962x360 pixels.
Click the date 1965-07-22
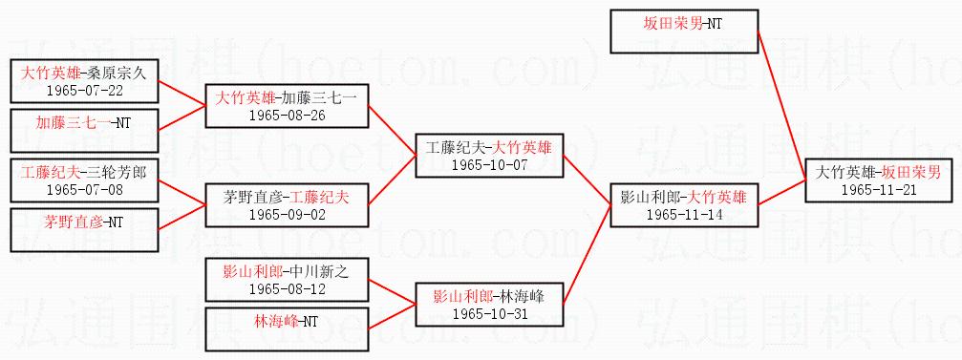tap(85, 91)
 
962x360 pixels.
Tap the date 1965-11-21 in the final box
tap(879, 189)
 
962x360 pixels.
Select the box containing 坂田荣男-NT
tap(684, 32)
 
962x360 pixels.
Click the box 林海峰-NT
tap(286, 329)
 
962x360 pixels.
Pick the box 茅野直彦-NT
tap(84, 230)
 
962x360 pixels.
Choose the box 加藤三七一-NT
tap(84, 131)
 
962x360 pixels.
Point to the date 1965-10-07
tap(489, 165)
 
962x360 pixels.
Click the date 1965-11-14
tap(685, 215)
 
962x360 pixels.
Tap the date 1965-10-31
tap(489, 314)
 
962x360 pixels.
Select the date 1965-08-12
tap(286, 289)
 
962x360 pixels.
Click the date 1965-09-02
tap(286, 215)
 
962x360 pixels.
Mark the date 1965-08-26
tap(286, 116)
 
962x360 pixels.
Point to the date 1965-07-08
tap(85, 190)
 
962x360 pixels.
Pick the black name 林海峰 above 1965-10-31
tap(523, 297)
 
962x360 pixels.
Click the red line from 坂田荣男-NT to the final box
tap(781, 105)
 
